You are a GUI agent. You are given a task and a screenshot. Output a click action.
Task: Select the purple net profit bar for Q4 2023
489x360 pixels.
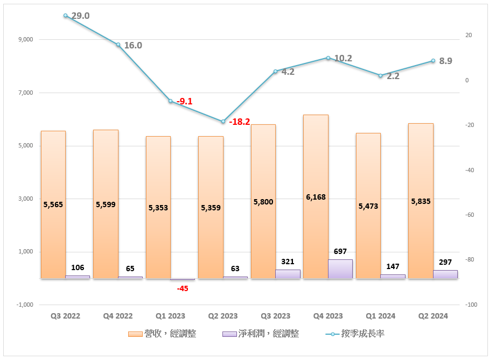(340, 269)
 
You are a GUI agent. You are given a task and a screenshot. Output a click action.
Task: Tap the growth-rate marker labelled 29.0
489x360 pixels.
(65, 16)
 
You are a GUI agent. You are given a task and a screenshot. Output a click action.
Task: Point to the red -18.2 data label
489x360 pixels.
(240, 122)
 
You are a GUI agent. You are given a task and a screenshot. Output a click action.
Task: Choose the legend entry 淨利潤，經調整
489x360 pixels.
(261, 334)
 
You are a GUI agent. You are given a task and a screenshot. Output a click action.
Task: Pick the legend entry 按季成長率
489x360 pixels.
(355, 334)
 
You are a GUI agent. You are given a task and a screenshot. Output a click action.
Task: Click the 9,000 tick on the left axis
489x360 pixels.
(25, 39)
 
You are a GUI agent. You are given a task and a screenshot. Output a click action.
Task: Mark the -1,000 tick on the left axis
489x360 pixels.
(24, 305)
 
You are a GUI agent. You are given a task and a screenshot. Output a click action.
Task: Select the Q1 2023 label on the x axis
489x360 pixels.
(170, 316)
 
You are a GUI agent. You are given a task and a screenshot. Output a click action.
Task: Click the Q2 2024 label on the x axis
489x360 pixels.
(433, 316)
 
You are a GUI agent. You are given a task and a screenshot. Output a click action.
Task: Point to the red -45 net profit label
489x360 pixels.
(183, 288)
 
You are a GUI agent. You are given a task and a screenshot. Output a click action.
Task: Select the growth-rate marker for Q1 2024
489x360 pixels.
(380, 76)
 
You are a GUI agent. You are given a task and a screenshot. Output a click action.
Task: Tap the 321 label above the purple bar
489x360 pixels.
(288, 262)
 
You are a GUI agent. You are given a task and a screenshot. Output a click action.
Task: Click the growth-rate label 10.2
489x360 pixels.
(343, 58)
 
